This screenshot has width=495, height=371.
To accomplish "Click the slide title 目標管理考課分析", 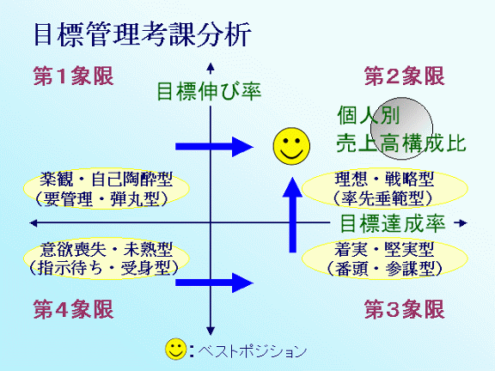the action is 142,34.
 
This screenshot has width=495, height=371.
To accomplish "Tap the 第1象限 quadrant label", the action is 73,76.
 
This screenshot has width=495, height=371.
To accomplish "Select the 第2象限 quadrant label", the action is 405,76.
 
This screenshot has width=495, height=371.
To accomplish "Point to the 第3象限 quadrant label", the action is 405,309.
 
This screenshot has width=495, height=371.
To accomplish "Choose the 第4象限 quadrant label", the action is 73,309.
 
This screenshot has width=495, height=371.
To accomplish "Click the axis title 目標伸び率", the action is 209,92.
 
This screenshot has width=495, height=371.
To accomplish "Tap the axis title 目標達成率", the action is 393,223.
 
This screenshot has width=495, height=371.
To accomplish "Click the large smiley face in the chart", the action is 291,146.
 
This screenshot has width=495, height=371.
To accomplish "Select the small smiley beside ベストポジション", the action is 176,350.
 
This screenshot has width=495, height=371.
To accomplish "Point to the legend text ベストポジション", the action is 253,350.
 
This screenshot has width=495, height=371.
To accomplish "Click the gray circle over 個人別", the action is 402,129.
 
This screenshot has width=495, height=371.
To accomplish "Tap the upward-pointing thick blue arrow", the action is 293,215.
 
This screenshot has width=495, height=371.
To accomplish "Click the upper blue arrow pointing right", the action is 214,147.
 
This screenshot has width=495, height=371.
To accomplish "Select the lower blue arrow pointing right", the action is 214,283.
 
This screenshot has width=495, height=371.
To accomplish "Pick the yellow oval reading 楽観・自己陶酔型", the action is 107,189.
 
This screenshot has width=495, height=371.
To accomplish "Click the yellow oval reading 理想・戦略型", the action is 384,189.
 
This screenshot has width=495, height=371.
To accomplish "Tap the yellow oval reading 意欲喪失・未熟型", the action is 107,258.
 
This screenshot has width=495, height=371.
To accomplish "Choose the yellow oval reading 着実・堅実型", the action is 384,258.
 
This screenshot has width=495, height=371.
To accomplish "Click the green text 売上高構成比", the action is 401,143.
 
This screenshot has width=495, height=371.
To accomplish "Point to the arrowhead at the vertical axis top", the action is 211,67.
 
